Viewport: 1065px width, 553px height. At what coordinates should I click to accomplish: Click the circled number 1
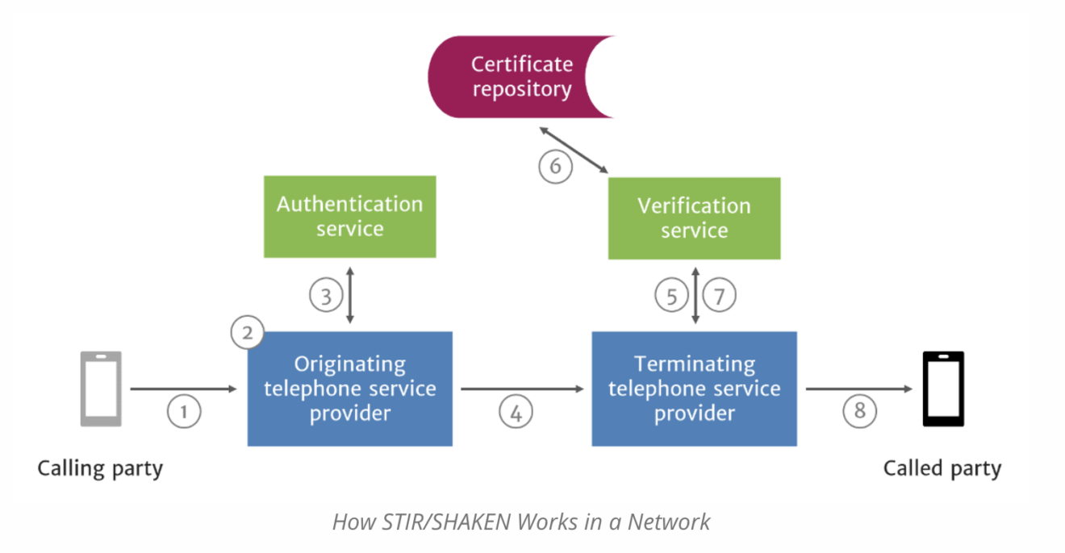tap(183, 412)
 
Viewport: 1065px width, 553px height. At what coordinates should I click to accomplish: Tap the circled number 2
tap(247, 331)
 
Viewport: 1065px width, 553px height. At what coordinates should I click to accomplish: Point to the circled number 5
tap(671, 296)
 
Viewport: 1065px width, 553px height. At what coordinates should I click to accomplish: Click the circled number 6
tap(555, 167)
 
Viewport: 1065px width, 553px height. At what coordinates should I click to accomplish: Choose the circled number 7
tap(720, 296)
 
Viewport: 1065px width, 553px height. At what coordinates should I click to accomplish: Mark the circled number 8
tap(859, 412)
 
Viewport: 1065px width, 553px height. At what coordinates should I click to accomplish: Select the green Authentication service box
tap(349, 216)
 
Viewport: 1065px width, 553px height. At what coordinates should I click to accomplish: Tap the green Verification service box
tap(694, 218)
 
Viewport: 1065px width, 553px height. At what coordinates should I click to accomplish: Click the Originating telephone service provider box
tap(349, 389)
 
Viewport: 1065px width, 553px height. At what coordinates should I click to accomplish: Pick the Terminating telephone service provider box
tap(694, 389)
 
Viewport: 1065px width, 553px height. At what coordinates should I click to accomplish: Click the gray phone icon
tap(101, 389)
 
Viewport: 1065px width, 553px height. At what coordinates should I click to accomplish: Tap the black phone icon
tap(943, 389)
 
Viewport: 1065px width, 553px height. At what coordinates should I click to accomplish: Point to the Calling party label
tap(100, 468)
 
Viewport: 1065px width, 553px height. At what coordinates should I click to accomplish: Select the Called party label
tap(942, 468)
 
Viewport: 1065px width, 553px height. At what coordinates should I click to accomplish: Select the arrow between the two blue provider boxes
tap(522, 389)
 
